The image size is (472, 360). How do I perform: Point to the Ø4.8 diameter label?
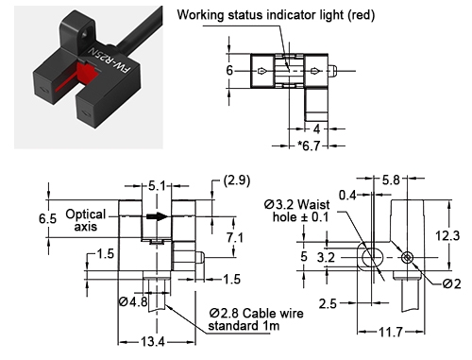tap(132, 302)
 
